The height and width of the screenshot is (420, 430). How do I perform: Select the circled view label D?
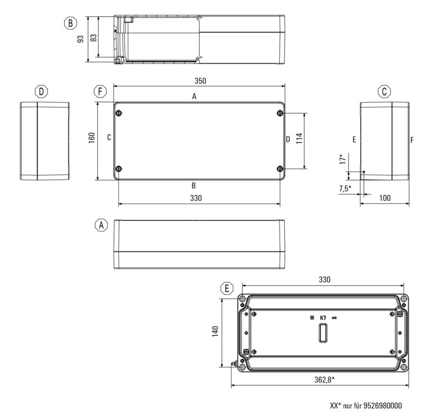click(41, 92)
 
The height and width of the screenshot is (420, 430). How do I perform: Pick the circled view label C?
click(384, 92)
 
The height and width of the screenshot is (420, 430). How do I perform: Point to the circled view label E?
click(228, 289)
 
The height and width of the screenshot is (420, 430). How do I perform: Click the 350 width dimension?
click(200, 81)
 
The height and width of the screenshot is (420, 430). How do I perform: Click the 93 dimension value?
click(81, 39)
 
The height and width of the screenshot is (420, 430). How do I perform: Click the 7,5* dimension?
click(345, 188)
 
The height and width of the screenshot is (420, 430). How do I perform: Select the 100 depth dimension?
click(385, 198)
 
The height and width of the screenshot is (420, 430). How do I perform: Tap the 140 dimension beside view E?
click(213, 332)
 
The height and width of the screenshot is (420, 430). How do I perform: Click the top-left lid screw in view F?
click(118, 113)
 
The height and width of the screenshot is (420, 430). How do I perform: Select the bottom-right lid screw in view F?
click(279, 169)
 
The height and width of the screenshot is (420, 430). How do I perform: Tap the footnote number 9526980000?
click(382, 406)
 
